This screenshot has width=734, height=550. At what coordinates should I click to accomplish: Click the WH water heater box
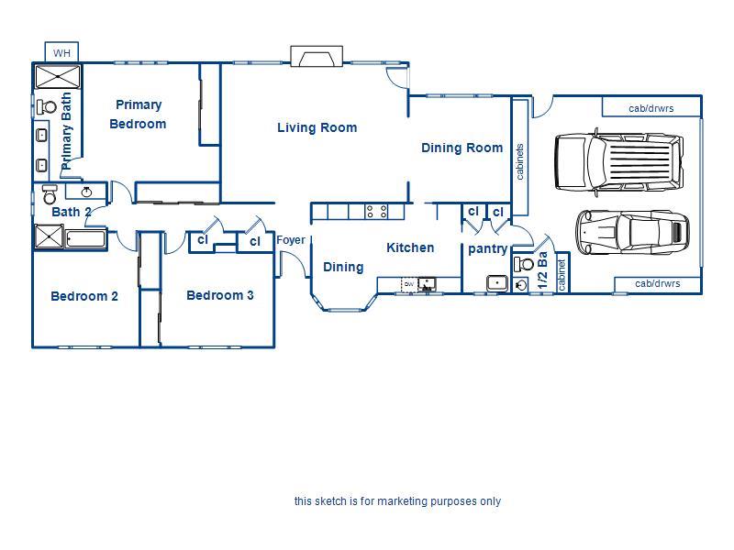click(x=61, y=52)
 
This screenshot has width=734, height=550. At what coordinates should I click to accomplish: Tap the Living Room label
click(x=317, y=127)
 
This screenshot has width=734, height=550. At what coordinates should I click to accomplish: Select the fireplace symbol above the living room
click(x=317, y=56)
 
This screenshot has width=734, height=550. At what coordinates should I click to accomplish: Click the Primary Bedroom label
click(x=139, y=114)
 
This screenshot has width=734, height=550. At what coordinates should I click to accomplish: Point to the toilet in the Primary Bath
click(x=47, y=107)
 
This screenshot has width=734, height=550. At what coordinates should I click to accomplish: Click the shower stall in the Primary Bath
click(x=58, y=77)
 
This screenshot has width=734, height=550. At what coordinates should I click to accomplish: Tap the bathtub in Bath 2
click(x=85, y=238)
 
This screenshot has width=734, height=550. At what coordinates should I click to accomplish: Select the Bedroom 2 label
click(x=84, y=296)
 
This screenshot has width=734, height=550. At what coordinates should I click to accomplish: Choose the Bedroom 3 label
click(x=220, y=295)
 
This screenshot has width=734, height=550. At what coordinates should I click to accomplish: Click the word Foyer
click(x=291, y=240)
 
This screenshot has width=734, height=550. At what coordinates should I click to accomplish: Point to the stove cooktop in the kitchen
click(x=376, y=212)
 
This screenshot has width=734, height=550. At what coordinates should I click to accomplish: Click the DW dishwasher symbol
click(x=409, y=284)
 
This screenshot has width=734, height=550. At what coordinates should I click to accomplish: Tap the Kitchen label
click(x=410, y=247)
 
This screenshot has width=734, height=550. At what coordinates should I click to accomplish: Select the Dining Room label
click(x=462, y=148)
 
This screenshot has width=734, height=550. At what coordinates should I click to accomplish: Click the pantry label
click(x=488, y=248)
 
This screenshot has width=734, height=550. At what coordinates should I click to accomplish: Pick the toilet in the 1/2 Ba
click(x=524, y=264)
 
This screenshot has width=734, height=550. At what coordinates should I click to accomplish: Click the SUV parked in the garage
click(x=618, y=161)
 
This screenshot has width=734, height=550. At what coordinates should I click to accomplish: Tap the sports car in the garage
click(x=632, y=232)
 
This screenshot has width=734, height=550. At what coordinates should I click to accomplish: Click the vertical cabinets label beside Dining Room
click(x=519, y=162)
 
